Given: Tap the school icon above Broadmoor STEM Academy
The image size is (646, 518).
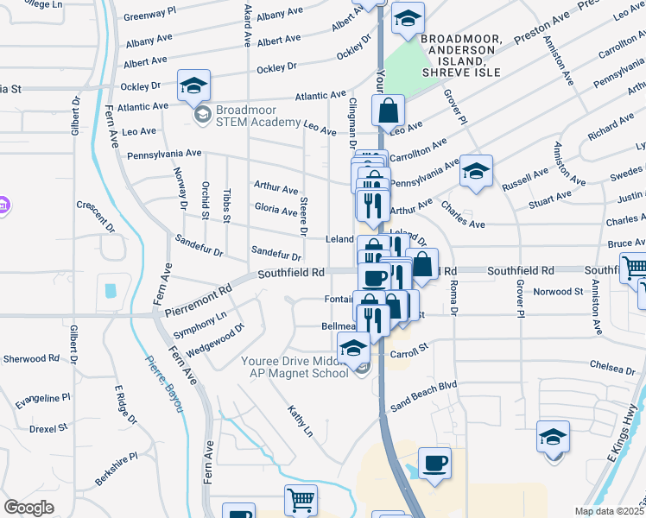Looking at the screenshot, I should (194, 85).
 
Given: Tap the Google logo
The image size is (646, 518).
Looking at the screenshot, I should (28, 508).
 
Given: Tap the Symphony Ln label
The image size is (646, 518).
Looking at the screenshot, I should (199, 324).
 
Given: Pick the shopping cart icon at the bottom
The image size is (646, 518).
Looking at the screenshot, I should (301, 499).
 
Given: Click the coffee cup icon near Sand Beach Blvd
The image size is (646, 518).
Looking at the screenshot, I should (434, 463).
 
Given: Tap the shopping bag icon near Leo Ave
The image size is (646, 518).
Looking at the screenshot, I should (389, 110).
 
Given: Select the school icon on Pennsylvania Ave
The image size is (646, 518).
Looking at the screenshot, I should (475, 170).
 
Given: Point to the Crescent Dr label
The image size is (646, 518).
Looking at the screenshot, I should (96, 217).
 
